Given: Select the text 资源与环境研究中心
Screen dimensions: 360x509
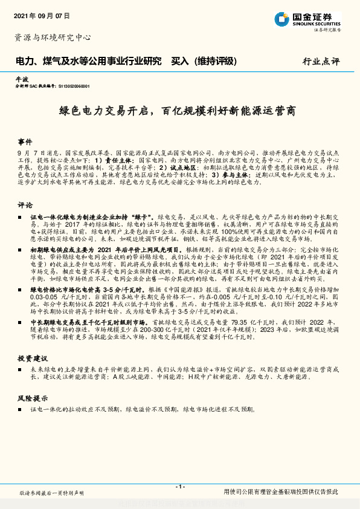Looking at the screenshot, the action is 53,37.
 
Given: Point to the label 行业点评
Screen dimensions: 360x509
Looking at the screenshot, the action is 321,61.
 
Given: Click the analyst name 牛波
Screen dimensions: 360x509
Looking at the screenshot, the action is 21,79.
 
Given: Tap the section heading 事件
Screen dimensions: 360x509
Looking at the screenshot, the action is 25,138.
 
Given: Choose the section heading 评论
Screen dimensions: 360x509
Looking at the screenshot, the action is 25,205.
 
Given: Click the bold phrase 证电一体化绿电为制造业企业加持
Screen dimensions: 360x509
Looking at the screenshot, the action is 85,216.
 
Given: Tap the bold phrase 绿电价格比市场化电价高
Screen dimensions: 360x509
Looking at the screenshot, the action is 70,290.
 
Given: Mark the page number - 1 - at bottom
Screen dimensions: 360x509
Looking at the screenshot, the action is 179,487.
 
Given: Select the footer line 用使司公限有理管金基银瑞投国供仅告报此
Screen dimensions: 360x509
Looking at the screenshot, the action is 281,492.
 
